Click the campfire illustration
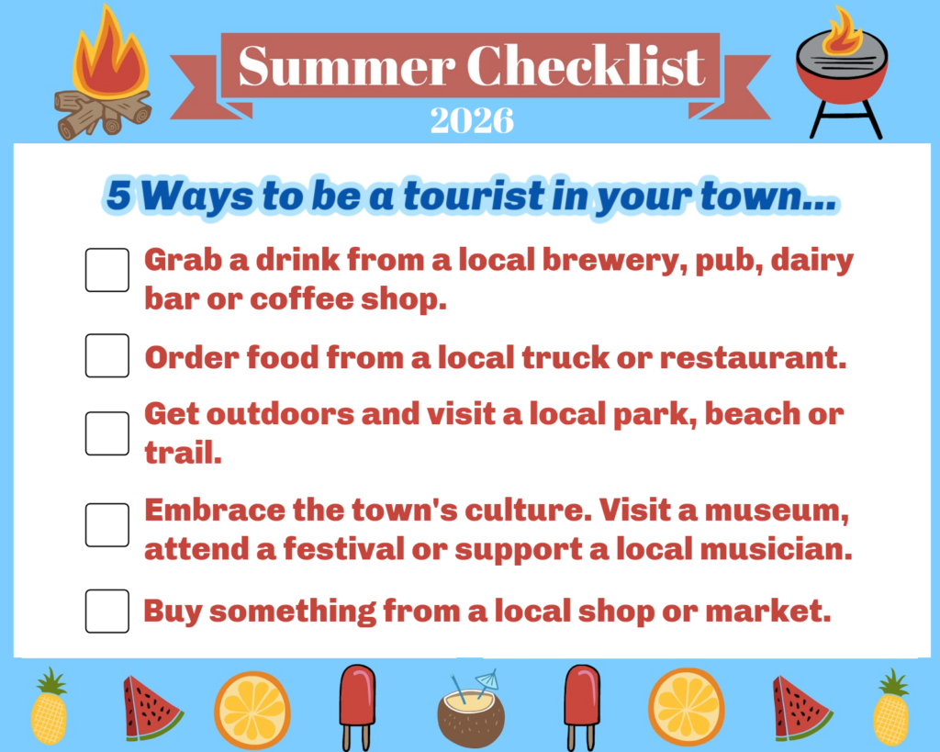(103, 75)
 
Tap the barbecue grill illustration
(843, 72)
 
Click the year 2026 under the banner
(472, 120)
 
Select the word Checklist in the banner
(586, 65)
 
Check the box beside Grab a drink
(107, 270)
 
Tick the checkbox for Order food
(107, 355)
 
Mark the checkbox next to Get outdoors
(107, 433)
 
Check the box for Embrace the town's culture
(107, 524)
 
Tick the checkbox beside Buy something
(107, 612)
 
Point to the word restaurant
(753, 357)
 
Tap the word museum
(777, 511)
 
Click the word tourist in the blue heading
(475, 196)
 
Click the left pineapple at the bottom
(50, 707)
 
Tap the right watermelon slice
(800, 708)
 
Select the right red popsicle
(581, 706)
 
